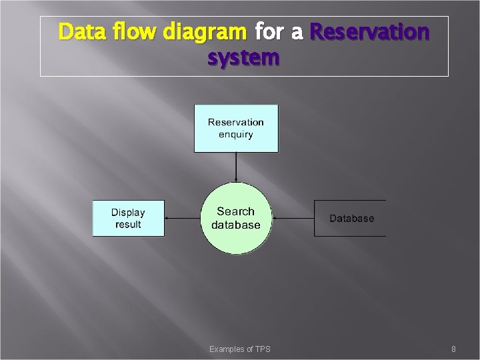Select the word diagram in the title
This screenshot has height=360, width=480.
coord(198,32)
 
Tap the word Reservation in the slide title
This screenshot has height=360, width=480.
coord(370,32)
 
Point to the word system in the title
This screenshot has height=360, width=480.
coord(243,59)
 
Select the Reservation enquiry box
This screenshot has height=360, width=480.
coord(236,128)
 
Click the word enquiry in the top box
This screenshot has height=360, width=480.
coord(236,134)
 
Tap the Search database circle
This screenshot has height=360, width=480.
coord(236,218)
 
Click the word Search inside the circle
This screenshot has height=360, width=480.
coord(236,211)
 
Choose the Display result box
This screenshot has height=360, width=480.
coord(128,218)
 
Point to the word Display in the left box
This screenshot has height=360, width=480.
coord(128,213)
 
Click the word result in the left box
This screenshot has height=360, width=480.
coord(128,224)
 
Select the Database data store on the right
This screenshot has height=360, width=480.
coord(351,218)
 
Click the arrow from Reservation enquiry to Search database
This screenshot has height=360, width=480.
coord(236,167)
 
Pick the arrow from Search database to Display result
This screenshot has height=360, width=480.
coord(183,218)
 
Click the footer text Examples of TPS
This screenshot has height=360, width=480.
coord(240,349)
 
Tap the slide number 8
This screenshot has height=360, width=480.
coord(453,349)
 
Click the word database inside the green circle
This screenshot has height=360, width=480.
coord(236,225)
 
